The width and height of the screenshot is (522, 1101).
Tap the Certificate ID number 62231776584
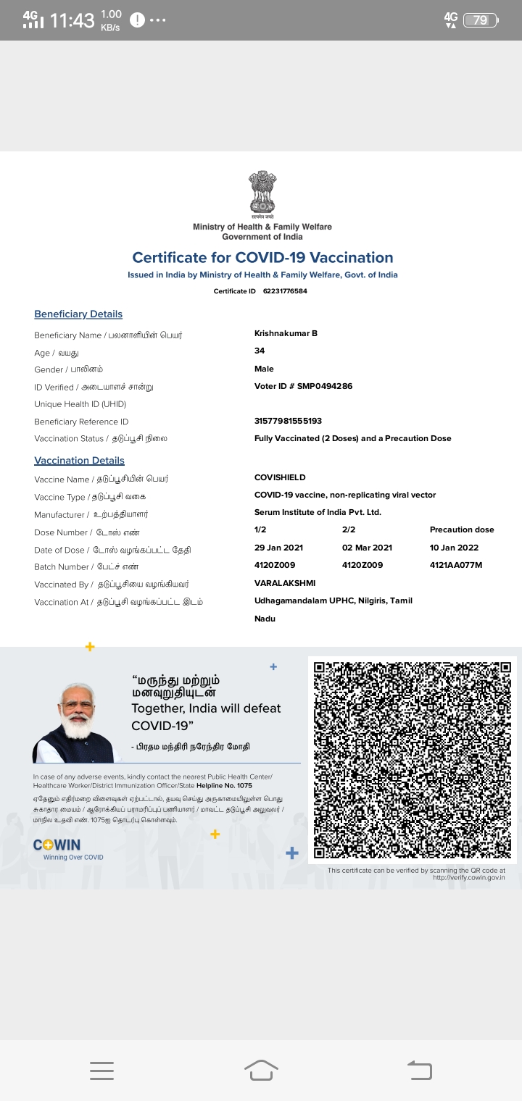(x=285, y=291)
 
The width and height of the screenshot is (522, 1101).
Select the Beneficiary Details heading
(x=78, y=314)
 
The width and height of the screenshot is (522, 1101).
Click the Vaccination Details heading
(x=79, y=461)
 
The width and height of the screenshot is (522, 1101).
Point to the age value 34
(x=260, y=351)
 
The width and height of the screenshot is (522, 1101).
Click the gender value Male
(x=264, y=369)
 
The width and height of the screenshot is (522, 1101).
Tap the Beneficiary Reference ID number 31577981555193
(x=288, y=421)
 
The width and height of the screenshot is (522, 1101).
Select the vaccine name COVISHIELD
(x=280, y=477)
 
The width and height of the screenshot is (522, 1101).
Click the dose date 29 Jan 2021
(x=279, y=548)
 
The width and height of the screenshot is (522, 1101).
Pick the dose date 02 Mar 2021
(x=367, y=548)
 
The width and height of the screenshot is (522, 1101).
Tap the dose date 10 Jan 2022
(x=454, y=548)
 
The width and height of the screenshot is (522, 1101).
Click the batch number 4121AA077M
(x=456, y=565)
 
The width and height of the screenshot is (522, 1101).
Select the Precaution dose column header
(x=462, y=529)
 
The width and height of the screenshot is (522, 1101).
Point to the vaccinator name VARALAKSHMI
(x=285, y=583)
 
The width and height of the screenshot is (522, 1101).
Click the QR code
(x=413, y=759)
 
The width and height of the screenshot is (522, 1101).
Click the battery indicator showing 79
(x=481, y=20)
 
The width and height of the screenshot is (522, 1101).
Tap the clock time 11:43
(x=72, y=20)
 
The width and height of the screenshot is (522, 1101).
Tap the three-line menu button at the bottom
(x=101, y=1071)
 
